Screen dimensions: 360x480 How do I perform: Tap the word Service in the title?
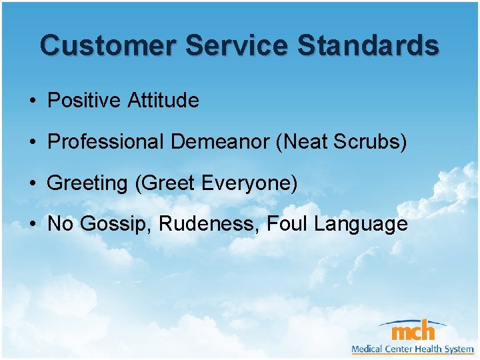(237, 45)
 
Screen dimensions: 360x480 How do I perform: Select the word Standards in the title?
(368, 45)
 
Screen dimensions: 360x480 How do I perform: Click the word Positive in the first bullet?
(85, 101)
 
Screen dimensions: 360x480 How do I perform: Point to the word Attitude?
(163, 101)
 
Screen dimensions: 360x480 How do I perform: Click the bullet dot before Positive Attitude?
(32, 101)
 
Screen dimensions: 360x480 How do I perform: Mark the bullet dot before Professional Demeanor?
(32, 143)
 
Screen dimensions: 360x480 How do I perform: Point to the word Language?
(361, 225)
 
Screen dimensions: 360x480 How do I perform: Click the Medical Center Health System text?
(413, 349)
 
